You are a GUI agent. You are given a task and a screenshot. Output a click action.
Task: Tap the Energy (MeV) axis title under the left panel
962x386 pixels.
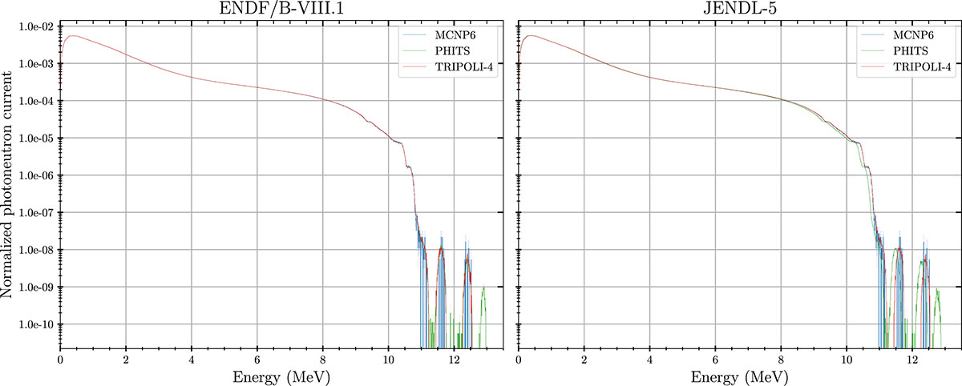click(x=281, y=376)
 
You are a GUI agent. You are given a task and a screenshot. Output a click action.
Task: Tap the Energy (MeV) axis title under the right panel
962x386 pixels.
click(x=740, y=376)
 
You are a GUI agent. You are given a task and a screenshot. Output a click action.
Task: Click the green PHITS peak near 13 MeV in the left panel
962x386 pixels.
click(x=483, y=289)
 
